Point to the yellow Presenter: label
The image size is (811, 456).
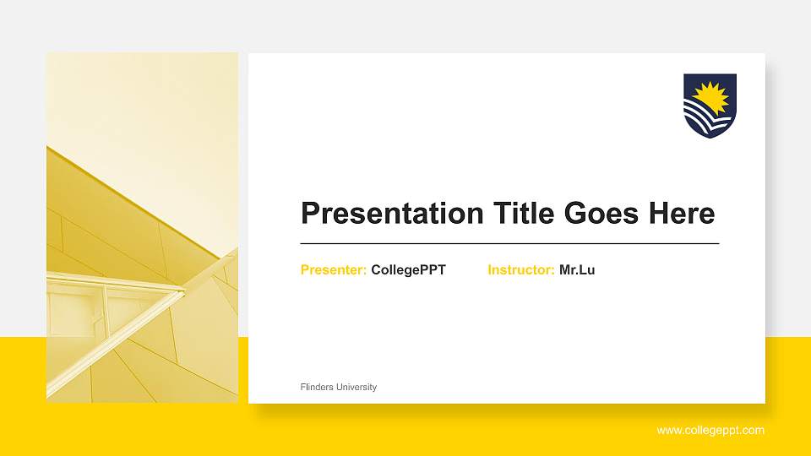tap(334, 270)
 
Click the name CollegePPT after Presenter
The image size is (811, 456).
tap(408, 270)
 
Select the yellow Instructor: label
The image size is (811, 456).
tap(521, 270)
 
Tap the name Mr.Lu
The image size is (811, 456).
tap(577, 270)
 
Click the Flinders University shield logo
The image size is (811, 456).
tap(710, 106)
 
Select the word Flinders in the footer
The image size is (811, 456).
tap(317, 387)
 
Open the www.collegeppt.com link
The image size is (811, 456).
tap(710, 431)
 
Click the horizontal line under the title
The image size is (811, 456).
tap(509, 243)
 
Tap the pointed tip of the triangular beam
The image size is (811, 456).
tap(182, 291)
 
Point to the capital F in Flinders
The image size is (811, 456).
tap(302, 387)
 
